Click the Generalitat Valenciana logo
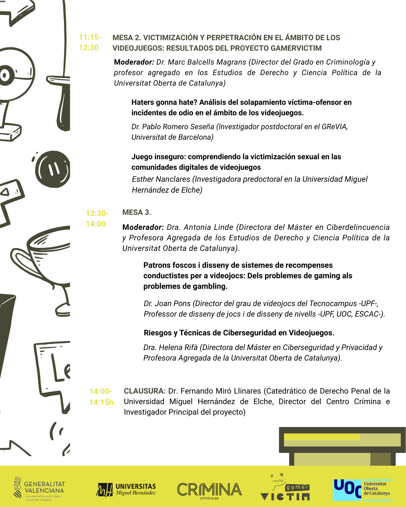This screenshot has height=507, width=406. [x=39, y=489]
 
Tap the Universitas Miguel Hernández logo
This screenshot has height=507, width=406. [x=126, y=489]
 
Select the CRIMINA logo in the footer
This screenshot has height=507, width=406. [x=209, y=490]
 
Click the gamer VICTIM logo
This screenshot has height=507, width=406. [x=286, y=488]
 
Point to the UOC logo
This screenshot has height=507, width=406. [x=362, y=489]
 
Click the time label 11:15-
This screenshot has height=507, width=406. [x=90, y=37]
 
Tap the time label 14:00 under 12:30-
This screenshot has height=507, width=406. [x=96, y=224]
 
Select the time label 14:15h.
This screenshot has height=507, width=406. [x=102, y=402]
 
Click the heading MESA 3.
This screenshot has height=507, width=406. [x=137, y=212]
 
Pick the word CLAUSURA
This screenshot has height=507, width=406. [x=144, y=391]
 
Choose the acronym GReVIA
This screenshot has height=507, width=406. [x=334, y=127]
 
